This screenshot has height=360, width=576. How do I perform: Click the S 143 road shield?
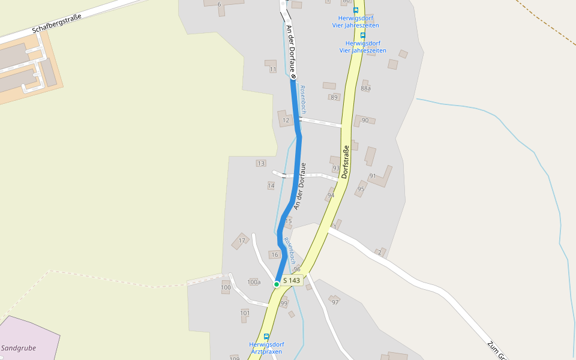click(x=291, y=280)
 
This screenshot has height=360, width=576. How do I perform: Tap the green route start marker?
click(x=277, y=283)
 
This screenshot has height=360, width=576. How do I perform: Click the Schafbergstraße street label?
click(x=56, y=22)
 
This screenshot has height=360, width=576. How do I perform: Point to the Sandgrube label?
click(x=19, y=347)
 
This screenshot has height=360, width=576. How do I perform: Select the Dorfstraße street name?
click(x=345, y=163)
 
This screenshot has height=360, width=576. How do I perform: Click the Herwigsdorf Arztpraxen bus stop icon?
click(x=266, y=337)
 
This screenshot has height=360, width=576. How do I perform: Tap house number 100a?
click(x=254, y=282)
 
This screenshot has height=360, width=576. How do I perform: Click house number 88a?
click(x=366, y=88)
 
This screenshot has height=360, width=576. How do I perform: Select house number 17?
click(x=242, y=241)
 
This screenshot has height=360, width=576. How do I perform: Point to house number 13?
click(x=260, y=163)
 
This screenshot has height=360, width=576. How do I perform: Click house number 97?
click(x=335, y=302)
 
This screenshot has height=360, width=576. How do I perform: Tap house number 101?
click(x=245, y=313)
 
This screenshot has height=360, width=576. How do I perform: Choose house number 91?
click(x=373, y=176)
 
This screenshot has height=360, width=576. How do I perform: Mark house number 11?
click(x=273, y=70)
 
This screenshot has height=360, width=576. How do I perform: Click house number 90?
click(x=365, y=121)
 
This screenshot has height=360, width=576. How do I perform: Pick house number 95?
click(x=361, y=189)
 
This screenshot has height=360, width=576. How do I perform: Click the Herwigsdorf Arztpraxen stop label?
click(x=266, y=348)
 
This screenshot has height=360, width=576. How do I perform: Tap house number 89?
click(x=334, y=97)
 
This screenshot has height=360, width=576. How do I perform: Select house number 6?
click(x=219, y=4)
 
